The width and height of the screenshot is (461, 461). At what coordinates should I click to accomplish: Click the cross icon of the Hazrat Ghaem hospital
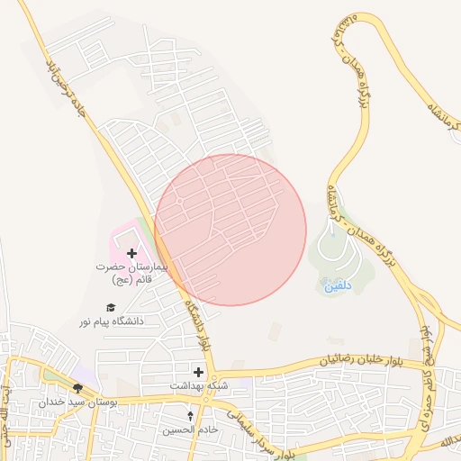[132, 254]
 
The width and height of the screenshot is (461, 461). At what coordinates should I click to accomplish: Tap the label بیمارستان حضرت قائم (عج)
[132, 274]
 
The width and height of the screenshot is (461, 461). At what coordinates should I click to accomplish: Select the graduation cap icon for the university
[111, 307]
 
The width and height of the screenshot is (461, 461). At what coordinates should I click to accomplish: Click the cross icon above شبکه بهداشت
[198, 372]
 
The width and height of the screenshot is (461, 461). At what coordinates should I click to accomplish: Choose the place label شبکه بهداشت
[198, 385]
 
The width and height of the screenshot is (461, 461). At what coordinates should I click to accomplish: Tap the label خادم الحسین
[190, 429]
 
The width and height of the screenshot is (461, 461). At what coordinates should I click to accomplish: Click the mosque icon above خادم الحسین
[190, 416]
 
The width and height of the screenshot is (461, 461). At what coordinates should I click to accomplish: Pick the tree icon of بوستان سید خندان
[78, 388]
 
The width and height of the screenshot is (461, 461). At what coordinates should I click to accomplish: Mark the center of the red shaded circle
[230, 230]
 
